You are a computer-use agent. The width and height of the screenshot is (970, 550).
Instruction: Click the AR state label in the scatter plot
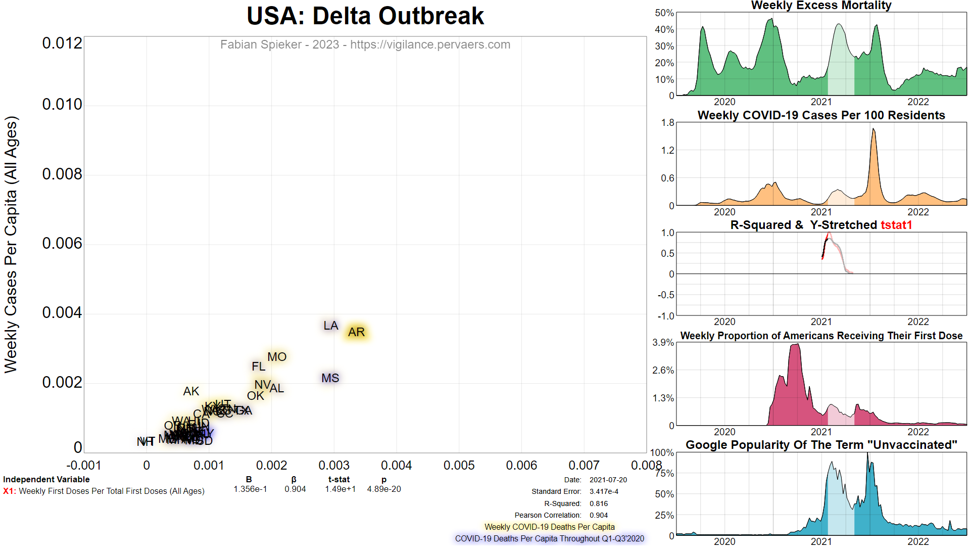356,332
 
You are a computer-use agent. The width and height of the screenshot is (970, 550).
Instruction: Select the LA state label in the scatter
331,326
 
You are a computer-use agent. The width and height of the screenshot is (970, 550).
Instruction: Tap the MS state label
330,378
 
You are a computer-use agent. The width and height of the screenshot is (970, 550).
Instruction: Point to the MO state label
277,357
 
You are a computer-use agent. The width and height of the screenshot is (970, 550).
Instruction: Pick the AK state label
191,391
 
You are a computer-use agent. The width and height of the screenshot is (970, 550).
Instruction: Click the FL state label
259,366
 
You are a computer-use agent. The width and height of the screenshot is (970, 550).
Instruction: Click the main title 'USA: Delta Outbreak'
365,16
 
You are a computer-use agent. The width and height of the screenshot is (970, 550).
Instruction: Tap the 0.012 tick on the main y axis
62,43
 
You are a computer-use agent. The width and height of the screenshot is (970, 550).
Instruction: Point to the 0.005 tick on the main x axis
459,466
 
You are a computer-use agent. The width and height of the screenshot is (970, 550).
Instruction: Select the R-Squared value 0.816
599,503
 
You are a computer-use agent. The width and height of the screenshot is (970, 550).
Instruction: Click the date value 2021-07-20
608,480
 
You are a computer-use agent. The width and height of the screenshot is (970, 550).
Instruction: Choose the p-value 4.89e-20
384,489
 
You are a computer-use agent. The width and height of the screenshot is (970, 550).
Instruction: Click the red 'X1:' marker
9,491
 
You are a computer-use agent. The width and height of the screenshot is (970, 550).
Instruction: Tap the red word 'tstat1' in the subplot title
896,225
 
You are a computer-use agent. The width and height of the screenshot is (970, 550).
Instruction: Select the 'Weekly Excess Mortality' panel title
821,6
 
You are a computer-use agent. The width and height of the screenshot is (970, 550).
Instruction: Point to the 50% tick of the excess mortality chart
664,13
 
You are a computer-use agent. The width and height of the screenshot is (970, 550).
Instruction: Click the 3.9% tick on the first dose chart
663,343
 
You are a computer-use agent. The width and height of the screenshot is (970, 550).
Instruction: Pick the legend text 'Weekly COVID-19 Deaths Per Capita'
550,527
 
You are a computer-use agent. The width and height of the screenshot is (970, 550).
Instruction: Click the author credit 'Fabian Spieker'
261,44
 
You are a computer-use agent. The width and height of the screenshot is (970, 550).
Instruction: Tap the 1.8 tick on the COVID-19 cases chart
667,123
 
